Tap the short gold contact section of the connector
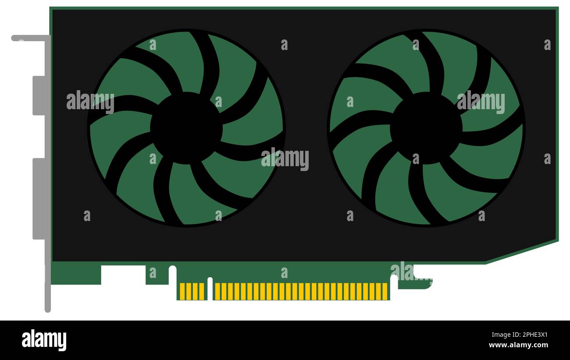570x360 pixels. click(192, 291)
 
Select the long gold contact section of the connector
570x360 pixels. click(301, 291)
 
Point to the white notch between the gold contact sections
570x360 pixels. click(210, 289)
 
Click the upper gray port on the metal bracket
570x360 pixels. click(39, 96)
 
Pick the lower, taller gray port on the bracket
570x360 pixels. click(39, 199)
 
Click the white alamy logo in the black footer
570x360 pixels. click(44, 340)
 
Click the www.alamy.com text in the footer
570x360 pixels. click(518, 345)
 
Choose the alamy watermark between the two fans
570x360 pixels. click(285, 159)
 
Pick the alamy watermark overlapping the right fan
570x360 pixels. click(481, 102)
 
